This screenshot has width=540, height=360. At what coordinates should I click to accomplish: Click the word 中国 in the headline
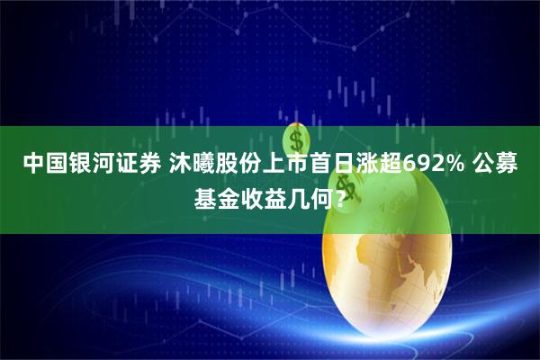pyautogui.click(x=41, y=164)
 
